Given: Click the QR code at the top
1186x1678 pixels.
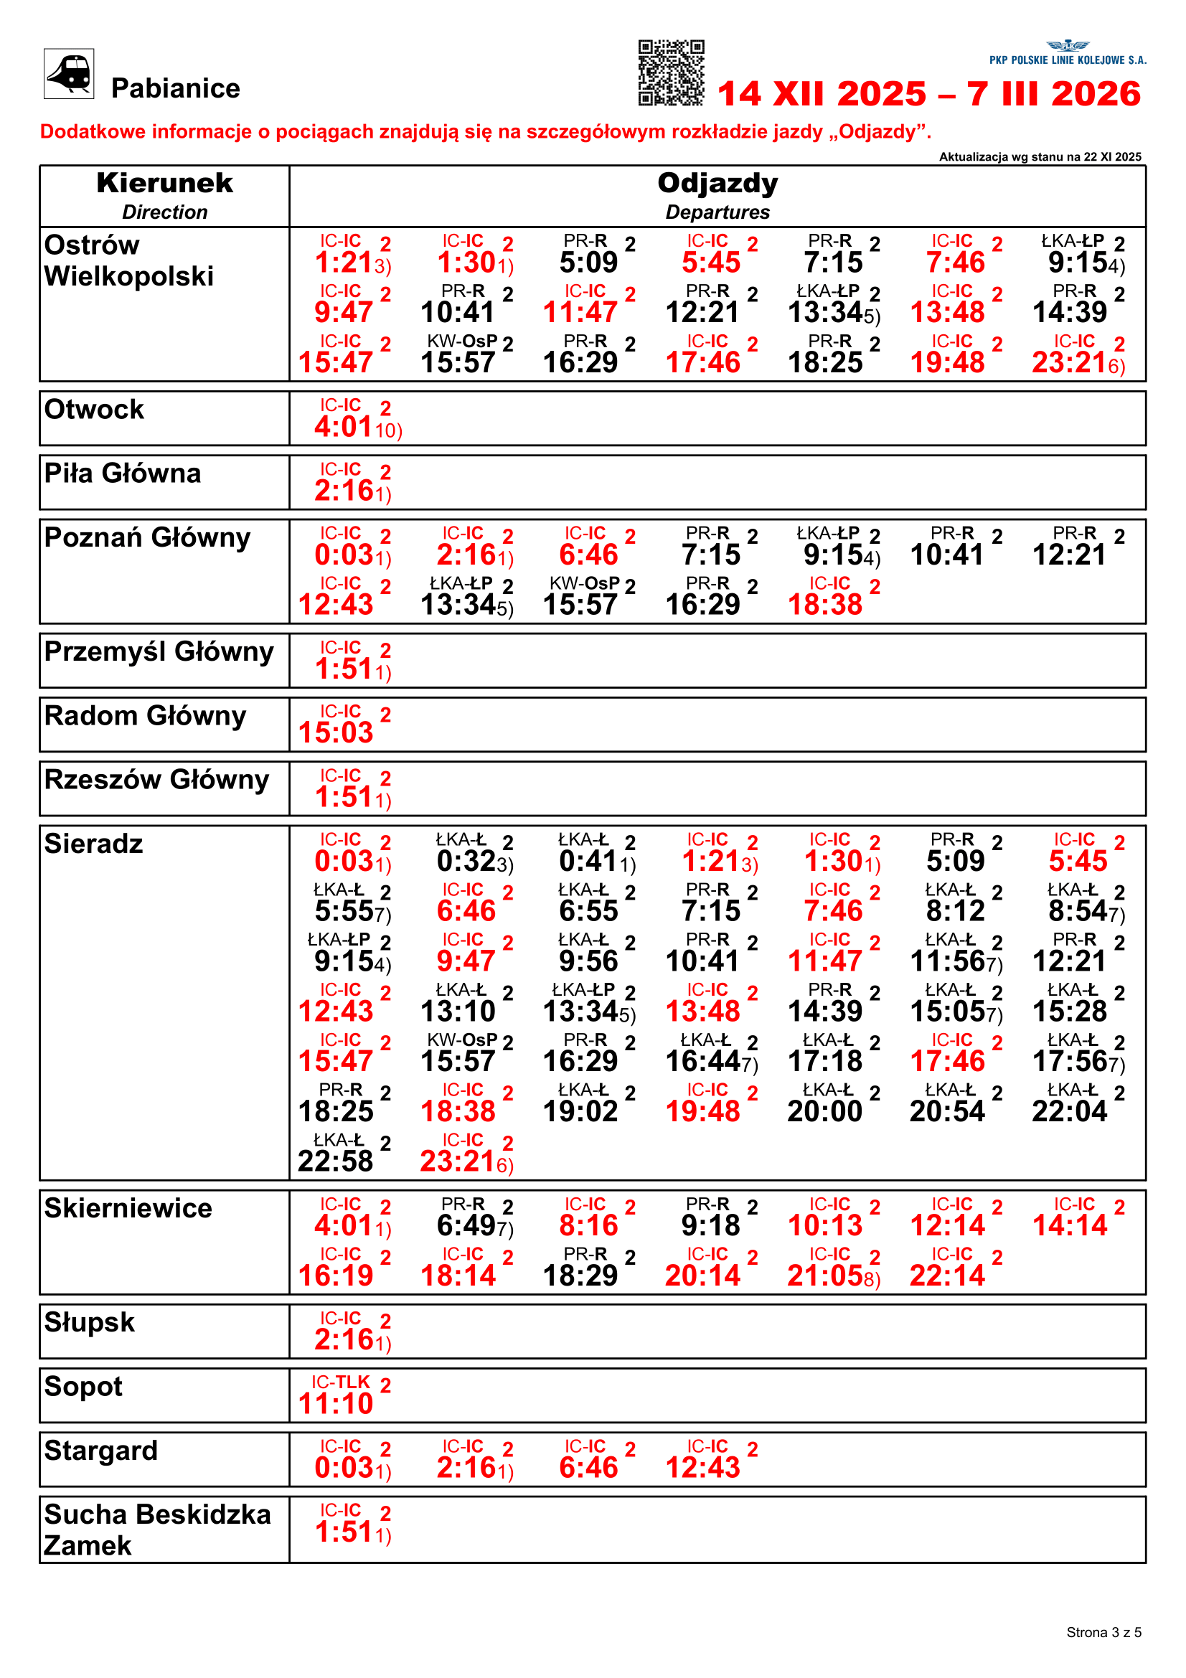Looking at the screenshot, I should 671,73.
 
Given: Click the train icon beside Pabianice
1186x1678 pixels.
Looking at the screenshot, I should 69,73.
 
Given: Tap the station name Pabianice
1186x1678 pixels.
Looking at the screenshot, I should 175,88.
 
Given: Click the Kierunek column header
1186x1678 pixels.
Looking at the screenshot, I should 164,184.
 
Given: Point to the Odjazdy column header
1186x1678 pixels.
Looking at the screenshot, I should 717,184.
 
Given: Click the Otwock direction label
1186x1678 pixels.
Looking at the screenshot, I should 94,409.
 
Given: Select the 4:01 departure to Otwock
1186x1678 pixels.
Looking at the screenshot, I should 344,427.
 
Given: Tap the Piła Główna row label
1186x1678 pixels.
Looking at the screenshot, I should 122,473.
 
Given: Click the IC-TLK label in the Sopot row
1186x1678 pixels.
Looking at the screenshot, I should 341,1382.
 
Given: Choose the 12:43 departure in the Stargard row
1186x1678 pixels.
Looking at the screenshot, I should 703,1468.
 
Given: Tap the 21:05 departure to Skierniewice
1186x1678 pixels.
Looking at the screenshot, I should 825,1276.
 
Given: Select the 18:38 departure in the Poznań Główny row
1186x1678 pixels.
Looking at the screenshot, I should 825,604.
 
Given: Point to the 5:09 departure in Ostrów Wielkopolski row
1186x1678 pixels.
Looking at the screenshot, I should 588,263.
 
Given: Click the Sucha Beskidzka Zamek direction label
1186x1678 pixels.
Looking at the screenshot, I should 156,1529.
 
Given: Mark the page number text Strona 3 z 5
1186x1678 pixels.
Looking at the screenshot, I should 1103,1633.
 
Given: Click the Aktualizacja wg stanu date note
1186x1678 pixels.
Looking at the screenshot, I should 1040,156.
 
